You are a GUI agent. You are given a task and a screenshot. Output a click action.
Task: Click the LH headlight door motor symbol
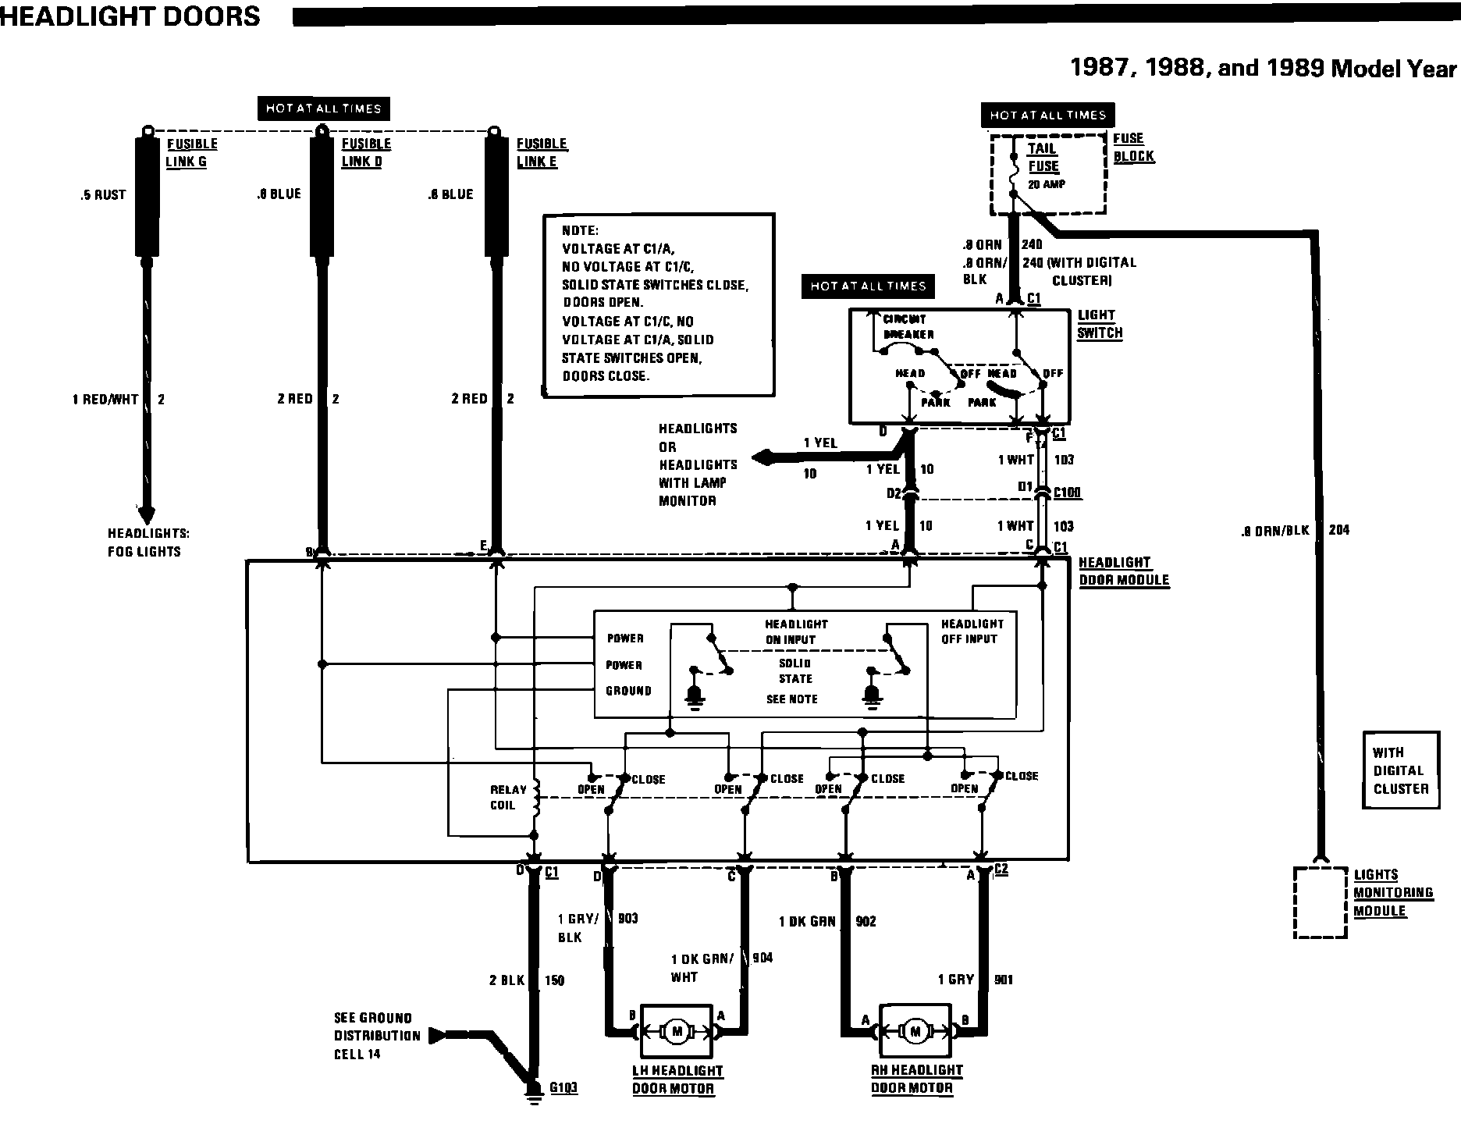[x=677, y=1032]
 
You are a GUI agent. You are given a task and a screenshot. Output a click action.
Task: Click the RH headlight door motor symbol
[x=915, y=1032]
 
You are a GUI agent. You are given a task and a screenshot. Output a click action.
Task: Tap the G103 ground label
[x=563, y=1087]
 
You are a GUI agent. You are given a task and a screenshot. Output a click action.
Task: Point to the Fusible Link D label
[x=365, y=153]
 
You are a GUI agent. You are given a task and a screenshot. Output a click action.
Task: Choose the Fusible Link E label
[x=541, y=153]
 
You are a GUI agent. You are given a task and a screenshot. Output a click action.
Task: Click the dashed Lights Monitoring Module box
[x=1321, y=902]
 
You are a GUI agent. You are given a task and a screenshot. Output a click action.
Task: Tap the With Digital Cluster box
[x=1401, y=770]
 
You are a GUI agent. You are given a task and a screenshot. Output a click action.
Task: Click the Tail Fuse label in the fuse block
[x=1043, y=158]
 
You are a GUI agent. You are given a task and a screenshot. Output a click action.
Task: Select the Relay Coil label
[x=508, y=798]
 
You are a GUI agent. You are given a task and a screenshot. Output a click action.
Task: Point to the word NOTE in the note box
[x=580, y=231]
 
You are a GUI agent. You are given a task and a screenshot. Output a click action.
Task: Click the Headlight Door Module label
[x=1123, y=571]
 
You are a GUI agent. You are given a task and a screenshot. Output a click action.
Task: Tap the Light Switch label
[x=1100, y=324]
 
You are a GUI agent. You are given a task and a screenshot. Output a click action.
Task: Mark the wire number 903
[x=627, y=918]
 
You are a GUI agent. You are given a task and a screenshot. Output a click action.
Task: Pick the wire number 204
[x=1338, y=530]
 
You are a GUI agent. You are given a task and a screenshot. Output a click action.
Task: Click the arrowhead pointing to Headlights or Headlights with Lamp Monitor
[x=762, y=457]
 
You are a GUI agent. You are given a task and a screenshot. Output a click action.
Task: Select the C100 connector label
[x=1067, y=493]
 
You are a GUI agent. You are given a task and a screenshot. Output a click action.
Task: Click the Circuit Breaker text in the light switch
[x=908, y=327]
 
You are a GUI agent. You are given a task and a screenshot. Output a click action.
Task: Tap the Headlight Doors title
[x=130, y=16]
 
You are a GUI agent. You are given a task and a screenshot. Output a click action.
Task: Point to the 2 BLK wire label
[x=507, y=980]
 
